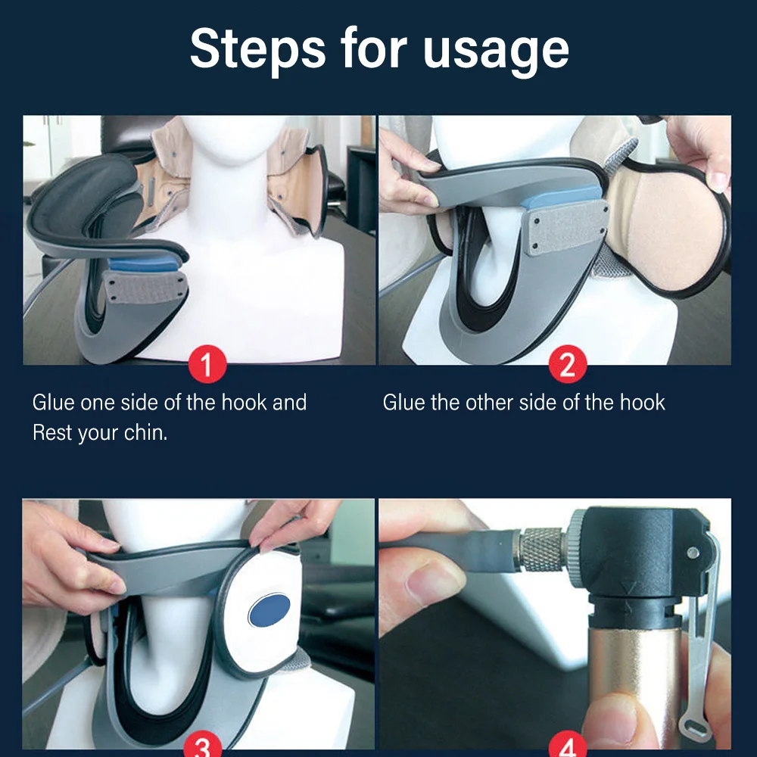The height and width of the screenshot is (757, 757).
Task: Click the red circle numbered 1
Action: click(207, 365)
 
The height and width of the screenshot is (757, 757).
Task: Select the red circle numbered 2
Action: click(568, 365)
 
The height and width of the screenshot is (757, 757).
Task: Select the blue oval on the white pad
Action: click(269, 609)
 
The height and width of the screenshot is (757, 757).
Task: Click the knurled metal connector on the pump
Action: click(542, 550)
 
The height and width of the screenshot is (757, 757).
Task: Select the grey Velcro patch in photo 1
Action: click(143, 288)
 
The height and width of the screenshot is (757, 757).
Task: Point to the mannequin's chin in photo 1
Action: click(231, 157)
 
